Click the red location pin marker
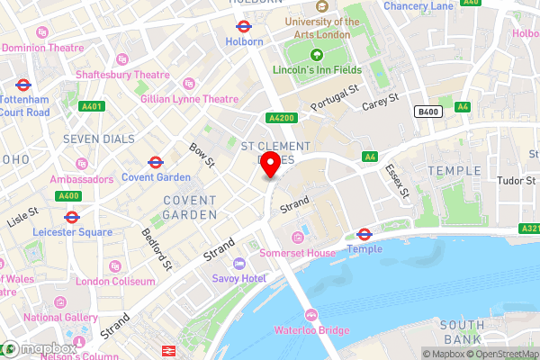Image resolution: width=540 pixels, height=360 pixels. coord(270,164)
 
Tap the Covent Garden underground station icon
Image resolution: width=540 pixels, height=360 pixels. coord(155,164)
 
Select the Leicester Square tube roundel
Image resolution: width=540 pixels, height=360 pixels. coord(72,217)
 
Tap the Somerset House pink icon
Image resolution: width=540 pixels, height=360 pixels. coord(298,238)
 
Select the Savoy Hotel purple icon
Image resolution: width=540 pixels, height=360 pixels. coord(238,263)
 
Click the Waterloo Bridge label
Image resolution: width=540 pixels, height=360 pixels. coord(312,330)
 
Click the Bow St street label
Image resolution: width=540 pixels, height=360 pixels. coord(202,154)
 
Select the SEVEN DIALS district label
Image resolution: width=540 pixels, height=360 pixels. coord(99,139)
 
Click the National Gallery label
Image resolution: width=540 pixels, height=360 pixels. coord(61,317)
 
